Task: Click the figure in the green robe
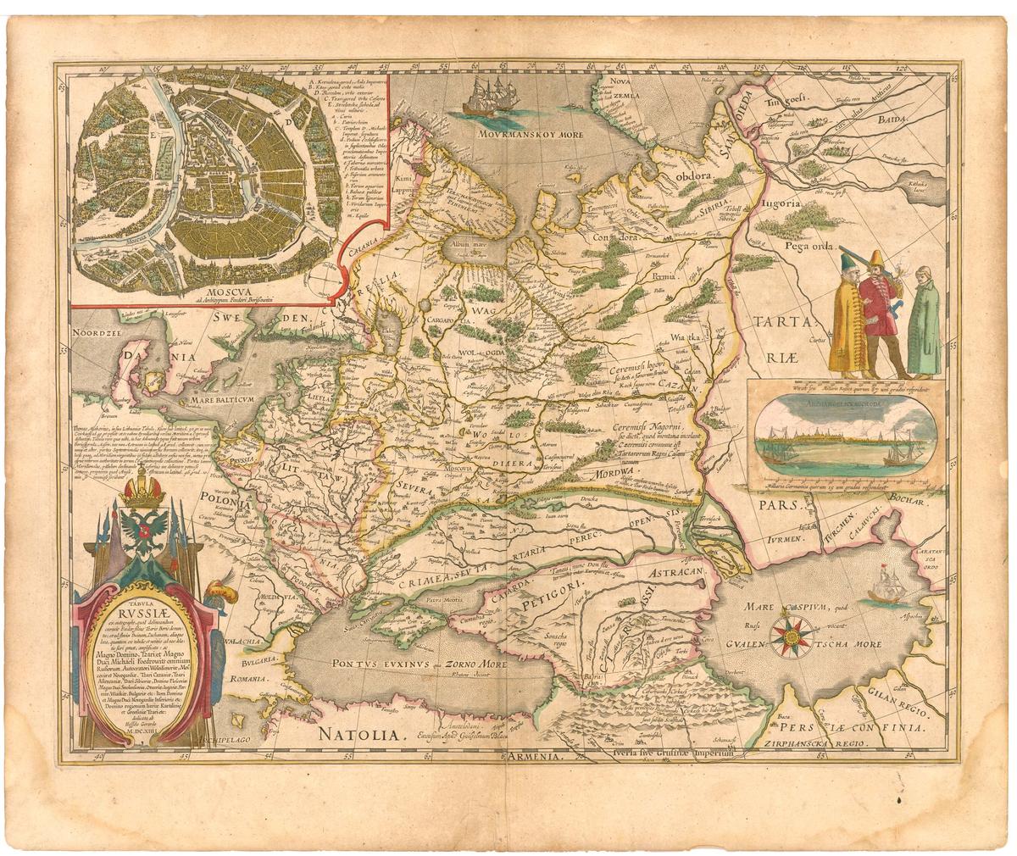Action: click(x=924, y=322)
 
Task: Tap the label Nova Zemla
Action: click(x=617, y=87)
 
